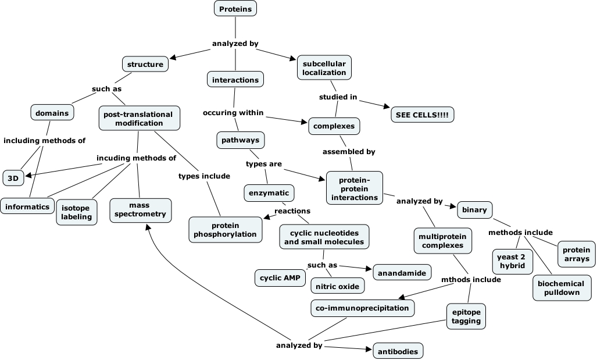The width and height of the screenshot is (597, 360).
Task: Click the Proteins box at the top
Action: (x=235, y=9)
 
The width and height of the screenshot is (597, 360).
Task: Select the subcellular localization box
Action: (x=324, y=67)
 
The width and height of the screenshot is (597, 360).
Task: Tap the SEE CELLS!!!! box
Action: (x=422, y=115)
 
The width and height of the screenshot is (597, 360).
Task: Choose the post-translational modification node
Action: (x=138, y=118)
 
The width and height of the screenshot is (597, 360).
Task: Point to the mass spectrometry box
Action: (x=140, y=209)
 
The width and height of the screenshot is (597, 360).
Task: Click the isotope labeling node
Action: (x=77, y=212)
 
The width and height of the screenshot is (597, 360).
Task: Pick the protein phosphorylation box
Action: (x=226, y=229)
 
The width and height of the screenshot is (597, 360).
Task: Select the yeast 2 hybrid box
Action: (x=512, y=261)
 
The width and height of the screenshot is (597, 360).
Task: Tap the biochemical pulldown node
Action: (x=562, y=287)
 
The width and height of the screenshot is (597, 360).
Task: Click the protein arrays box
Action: (x=576, y=254)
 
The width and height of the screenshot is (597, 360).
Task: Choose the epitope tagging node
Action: (x=466, y=316)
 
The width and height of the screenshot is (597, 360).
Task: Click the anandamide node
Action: (x=402, y=272)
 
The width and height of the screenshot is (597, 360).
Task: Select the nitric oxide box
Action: (x=338, y=286)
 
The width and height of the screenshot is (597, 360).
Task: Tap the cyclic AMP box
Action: (x=280, y=278)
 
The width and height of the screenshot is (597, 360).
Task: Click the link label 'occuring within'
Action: (x=233, y=112)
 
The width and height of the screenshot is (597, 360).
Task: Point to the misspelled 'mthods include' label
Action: (x=470, y=279)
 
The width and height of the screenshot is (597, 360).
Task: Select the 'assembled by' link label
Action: (x=349, y=152)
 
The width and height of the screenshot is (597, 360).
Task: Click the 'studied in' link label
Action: (x=338, y=97)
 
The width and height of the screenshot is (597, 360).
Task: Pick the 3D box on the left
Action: (x=13, y=177)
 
